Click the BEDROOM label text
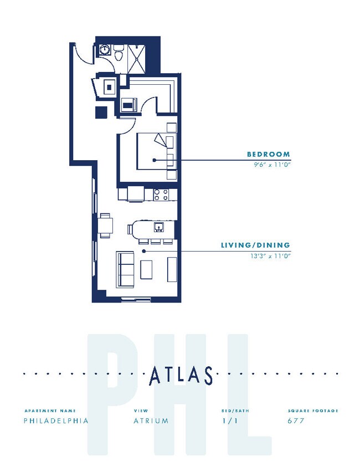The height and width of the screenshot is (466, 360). click(x=269, y=154)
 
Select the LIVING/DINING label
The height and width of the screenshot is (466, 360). click(x=255, y=245)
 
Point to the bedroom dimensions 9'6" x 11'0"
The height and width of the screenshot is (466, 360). click(x=269, y=165)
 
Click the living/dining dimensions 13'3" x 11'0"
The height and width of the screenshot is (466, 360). click(x=270, y=255)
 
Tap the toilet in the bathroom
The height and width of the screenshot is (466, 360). click(x=118, y=54)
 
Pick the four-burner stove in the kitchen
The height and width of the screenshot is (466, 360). click(x=161, y=194)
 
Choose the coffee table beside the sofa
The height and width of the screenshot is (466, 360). click(x=146, y=269)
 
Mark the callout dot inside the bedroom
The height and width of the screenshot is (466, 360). click(x=154, y=160)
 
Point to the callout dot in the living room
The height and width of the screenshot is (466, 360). click(x=143, y=251)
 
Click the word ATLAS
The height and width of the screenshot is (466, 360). click(x=181, y=376)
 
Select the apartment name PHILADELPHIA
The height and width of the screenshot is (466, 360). click(x=56, y=421)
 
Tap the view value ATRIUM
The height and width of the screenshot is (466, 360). click(x=151, y=421)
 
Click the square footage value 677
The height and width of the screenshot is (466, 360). click(x=296, y=421)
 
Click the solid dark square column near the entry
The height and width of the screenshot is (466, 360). click(x=101, y=111)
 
